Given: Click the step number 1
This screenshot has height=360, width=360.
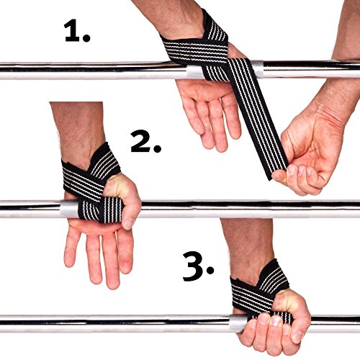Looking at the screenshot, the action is coord(72,31).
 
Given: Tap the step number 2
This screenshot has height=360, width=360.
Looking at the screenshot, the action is coord(141,141).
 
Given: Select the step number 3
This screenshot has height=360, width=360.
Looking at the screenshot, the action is coord(194,266).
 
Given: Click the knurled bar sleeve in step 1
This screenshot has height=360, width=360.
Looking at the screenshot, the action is coord(257,69).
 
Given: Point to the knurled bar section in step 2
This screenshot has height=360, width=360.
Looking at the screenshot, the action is coord(69,209).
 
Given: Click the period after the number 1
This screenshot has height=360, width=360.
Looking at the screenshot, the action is coord(86,37).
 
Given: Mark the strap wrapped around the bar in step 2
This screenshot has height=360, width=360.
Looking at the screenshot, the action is coord(101,210).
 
